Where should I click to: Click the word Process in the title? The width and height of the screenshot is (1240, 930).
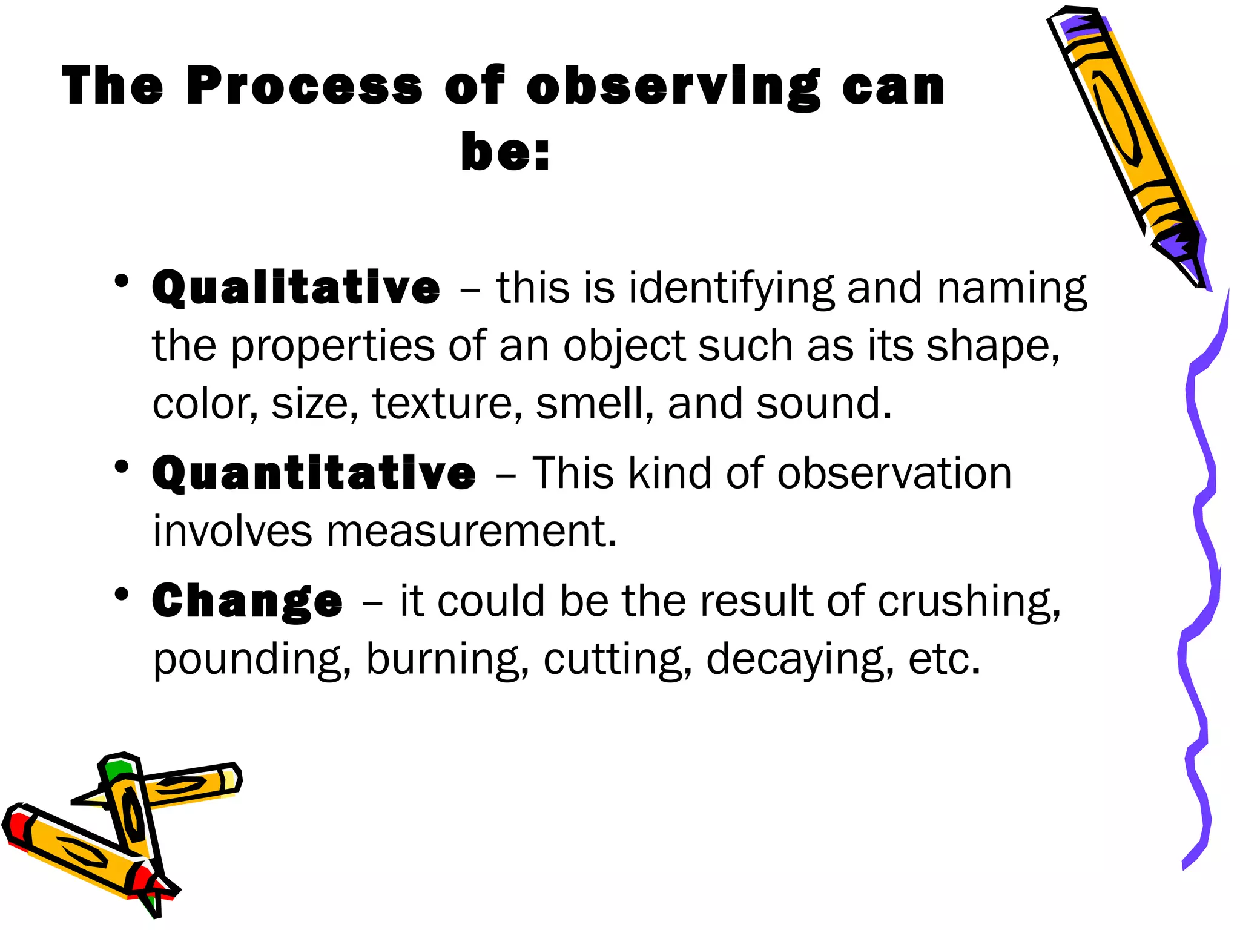pyautogui.click(x=304, y=86)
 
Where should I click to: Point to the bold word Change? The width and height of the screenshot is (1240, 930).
pyautogui.click(x=247, y=601)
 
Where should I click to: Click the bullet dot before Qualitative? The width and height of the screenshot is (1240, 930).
pyautogui.click(x=122, y=281)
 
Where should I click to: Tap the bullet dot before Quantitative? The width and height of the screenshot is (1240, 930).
pyautogui.click(x=122, y=466)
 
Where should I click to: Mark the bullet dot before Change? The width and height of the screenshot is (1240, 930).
pyautogui.click(x=122, y=594)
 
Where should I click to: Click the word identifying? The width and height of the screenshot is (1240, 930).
pyautogui.click(x=731, y=289)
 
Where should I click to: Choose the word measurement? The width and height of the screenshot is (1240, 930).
pyautogui.click(x=471, y=531)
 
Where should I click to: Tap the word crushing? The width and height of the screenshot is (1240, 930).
pyautogui.click(x=969, y=602)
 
